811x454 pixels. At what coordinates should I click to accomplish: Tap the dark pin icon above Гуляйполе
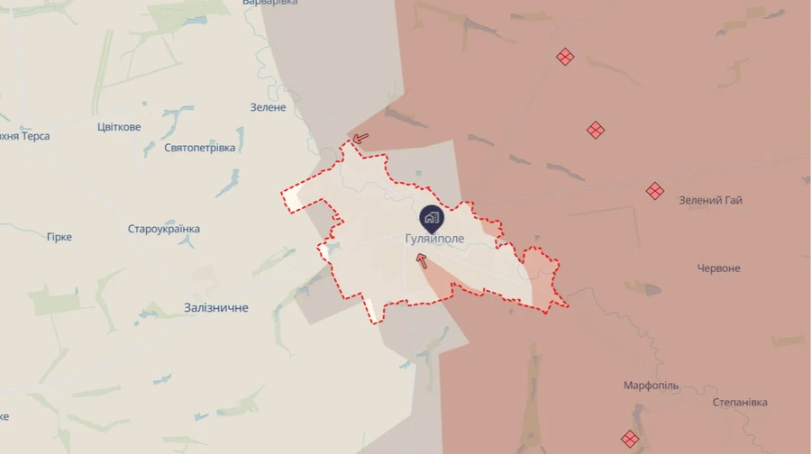pos(431,217)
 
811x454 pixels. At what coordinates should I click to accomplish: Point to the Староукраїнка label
pos(163,229)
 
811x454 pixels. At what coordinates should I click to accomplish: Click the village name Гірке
pos(59,237)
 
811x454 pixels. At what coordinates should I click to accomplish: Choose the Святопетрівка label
pos(199,148)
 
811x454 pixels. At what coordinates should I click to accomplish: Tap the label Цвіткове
pos(119,127)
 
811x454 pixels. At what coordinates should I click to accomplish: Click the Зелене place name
pos(268,107)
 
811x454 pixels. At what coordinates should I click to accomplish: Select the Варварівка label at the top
pos(270,3)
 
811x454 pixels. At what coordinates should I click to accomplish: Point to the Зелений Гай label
pos(710,200)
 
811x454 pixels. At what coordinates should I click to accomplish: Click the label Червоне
pos(718,268)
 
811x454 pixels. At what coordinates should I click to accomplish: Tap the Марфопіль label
pos(651,386)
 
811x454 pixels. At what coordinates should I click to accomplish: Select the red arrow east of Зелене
pos(360,138)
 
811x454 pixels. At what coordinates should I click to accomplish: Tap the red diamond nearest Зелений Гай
pos(655,191)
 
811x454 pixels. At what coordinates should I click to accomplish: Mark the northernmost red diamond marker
pos(565,57)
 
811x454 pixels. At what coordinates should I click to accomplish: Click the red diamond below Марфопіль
pos(630,439)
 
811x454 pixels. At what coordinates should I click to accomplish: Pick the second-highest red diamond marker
pos(596,130)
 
